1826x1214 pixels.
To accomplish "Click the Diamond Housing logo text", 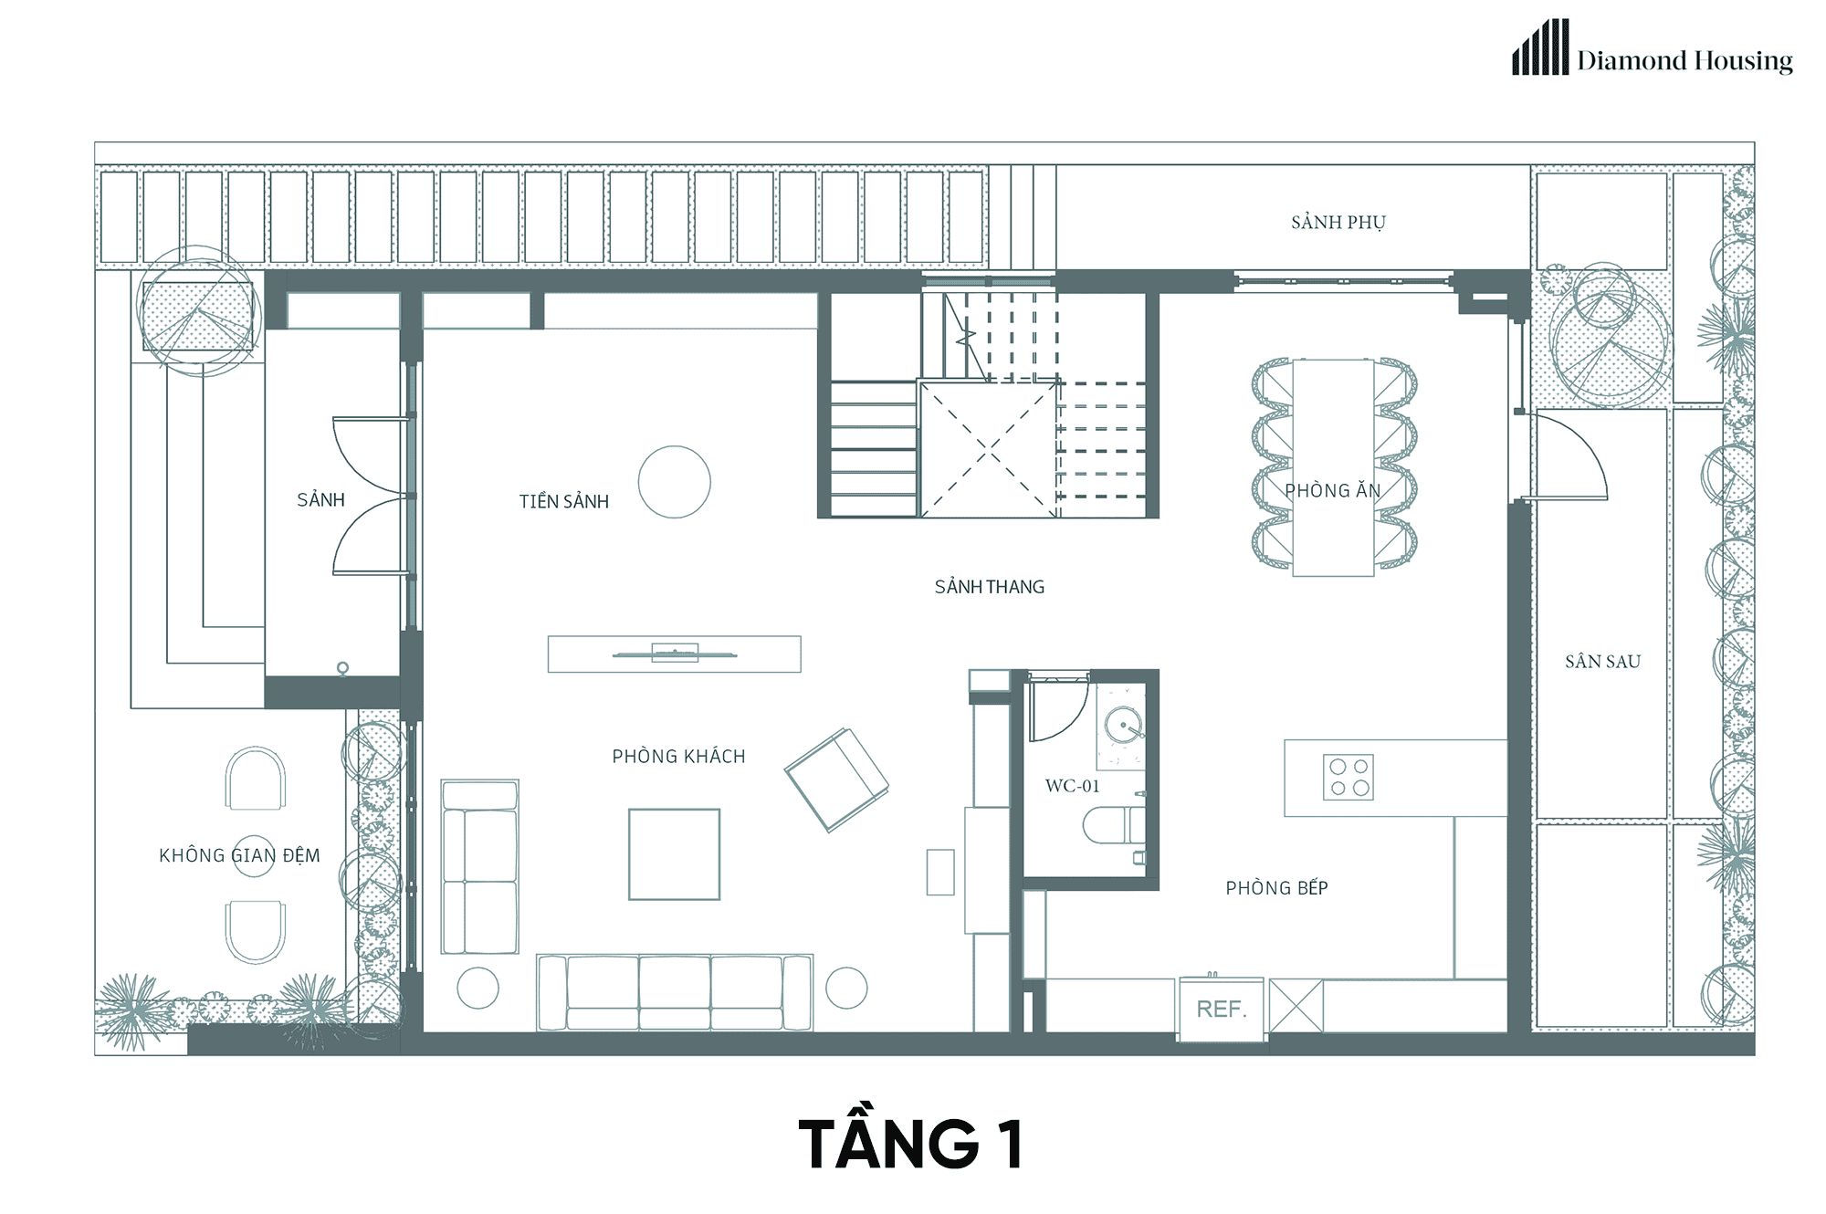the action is tap(1684, 60).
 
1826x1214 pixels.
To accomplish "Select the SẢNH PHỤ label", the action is tap(1338, 222).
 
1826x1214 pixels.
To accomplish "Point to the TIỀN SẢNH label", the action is tap(563, 501).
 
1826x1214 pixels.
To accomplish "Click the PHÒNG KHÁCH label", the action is tap(678, 756).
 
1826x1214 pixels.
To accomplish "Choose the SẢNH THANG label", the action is tap(989, 587).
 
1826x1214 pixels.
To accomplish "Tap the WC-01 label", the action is tap(1072, 786).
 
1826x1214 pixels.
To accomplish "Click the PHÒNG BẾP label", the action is tap(1276, 887).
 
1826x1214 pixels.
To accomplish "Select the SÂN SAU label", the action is tap(1602, 661).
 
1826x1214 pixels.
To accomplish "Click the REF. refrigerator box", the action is tap(1222, 1009).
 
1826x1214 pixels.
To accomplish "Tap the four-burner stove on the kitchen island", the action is tap(1349, 777).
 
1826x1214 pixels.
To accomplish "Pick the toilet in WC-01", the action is tap(1113, 825).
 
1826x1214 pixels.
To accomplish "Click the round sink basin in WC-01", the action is tap(1123, 726).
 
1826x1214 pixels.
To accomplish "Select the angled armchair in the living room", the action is tap(836, 780).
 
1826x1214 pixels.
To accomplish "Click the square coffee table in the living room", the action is tap(674, 854).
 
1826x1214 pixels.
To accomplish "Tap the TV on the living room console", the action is tap(674, 654).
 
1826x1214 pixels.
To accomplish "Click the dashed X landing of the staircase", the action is tap(988, 449).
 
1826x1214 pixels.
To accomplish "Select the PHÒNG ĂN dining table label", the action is tap(1332, 490).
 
